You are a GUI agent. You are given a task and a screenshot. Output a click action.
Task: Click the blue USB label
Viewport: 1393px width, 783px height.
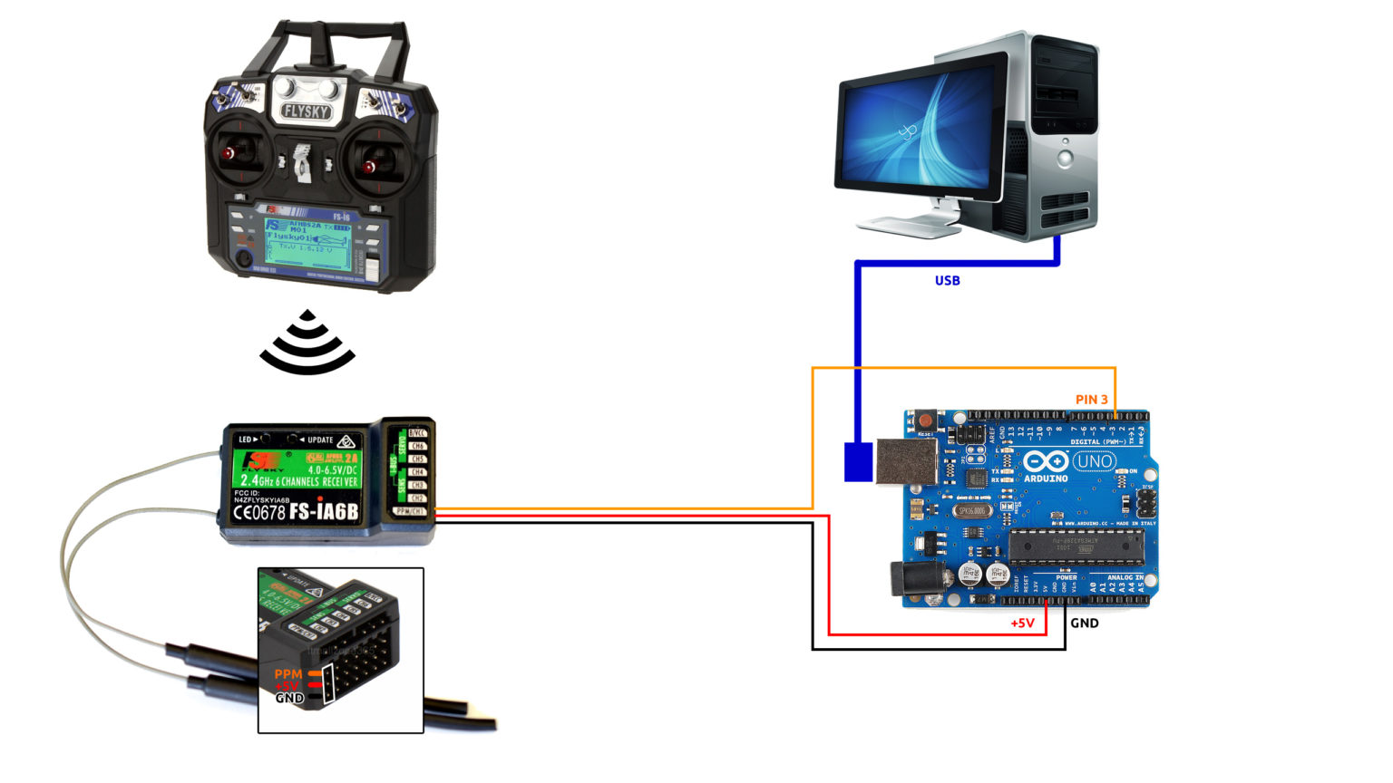click(947, 281)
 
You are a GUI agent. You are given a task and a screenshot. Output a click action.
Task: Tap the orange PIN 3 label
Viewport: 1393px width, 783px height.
click(1091, 400)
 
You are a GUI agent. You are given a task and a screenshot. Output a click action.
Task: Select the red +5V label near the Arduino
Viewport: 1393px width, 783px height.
click(1022, 623)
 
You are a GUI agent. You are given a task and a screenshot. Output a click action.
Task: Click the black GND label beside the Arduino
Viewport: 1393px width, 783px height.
click(1085, 623)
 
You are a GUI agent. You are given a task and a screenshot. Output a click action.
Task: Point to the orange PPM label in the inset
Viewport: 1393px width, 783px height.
click(288, 674)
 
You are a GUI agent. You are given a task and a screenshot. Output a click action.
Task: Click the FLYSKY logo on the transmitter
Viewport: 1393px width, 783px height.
click(307, 111)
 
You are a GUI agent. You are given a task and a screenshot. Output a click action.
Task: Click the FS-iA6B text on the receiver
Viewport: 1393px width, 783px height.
click(324, 512)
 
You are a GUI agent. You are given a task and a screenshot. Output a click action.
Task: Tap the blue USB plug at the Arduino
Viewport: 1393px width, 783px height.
click(858, 461)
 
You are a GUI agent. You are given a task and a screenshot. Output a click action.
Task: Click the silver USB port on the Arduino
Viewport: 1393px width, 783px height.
click(903, 461)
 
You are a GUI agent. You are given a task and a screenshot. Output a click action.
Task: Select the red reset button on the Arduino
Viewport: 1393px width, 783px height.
click(926, 421)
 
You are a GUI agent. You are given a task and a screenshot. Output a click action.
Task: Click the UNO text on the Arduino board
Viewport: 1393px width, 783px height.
click(1094, 461)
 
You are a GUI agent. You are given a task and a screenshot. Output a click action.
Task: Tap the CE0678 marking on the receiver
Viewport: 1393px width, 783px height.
click(259, 512)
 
